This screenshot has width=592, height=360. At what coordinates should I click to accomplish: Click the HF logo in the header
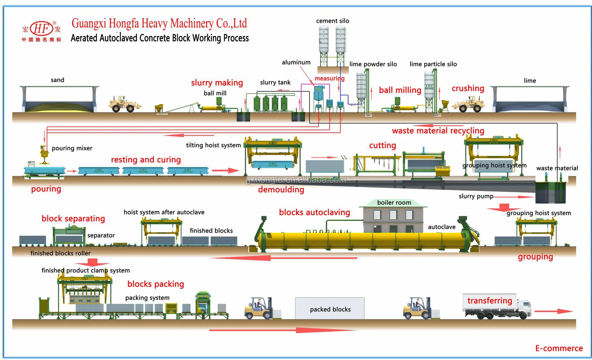tap(41, 29)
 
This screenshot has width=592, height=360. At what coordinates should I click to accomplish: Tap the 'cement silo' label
tap(332, 21)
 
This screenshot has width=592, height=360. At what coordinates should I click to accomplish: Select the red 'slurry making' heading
tap(217, 83)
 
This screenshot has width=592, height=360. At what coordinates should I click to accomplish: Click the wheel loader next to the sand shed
tap(124, 104)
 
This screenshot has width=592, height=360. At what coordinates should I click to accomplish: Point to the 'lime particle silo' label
tap(433, 64)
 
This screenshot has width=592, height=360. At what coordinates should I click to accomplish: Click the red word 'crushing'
tap(468, 88)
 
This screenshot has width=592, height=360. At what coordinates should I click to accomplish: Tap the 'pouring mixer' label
tap(72, 148)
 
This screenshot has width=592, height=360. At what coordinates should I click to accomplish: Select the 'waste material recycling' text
tap(438, 131)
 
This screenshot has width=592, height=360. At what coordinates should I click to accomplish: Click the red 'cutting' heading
tap(382, 145)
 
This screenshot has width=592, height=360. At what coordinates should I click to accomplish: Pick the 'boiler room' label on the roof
tap(394, 202)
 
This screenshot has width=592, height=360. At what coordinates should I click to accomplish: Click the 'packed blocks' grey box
tap(330, 309)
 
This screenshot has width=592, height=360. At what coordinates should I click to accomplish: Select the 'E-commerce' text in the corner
tap(559, 348)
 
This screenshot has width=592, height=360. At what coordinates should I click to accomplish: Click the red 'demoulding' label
tap(281, 190)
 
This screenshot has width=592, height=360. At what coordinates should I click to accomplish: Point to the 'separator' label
tap(101, 235)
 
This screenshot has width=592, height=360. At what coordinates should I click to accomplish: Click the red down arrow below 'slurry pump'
tap(504, 208)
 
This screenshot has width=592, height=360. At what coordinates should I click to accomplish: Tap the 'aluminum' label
tap(296, 62)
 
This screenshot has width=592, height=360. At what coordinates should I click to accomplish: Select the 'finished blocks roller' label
tap(60, 253)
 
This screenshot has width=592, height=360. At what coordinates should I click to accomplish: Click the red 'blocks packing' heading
tap(155, 284)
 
